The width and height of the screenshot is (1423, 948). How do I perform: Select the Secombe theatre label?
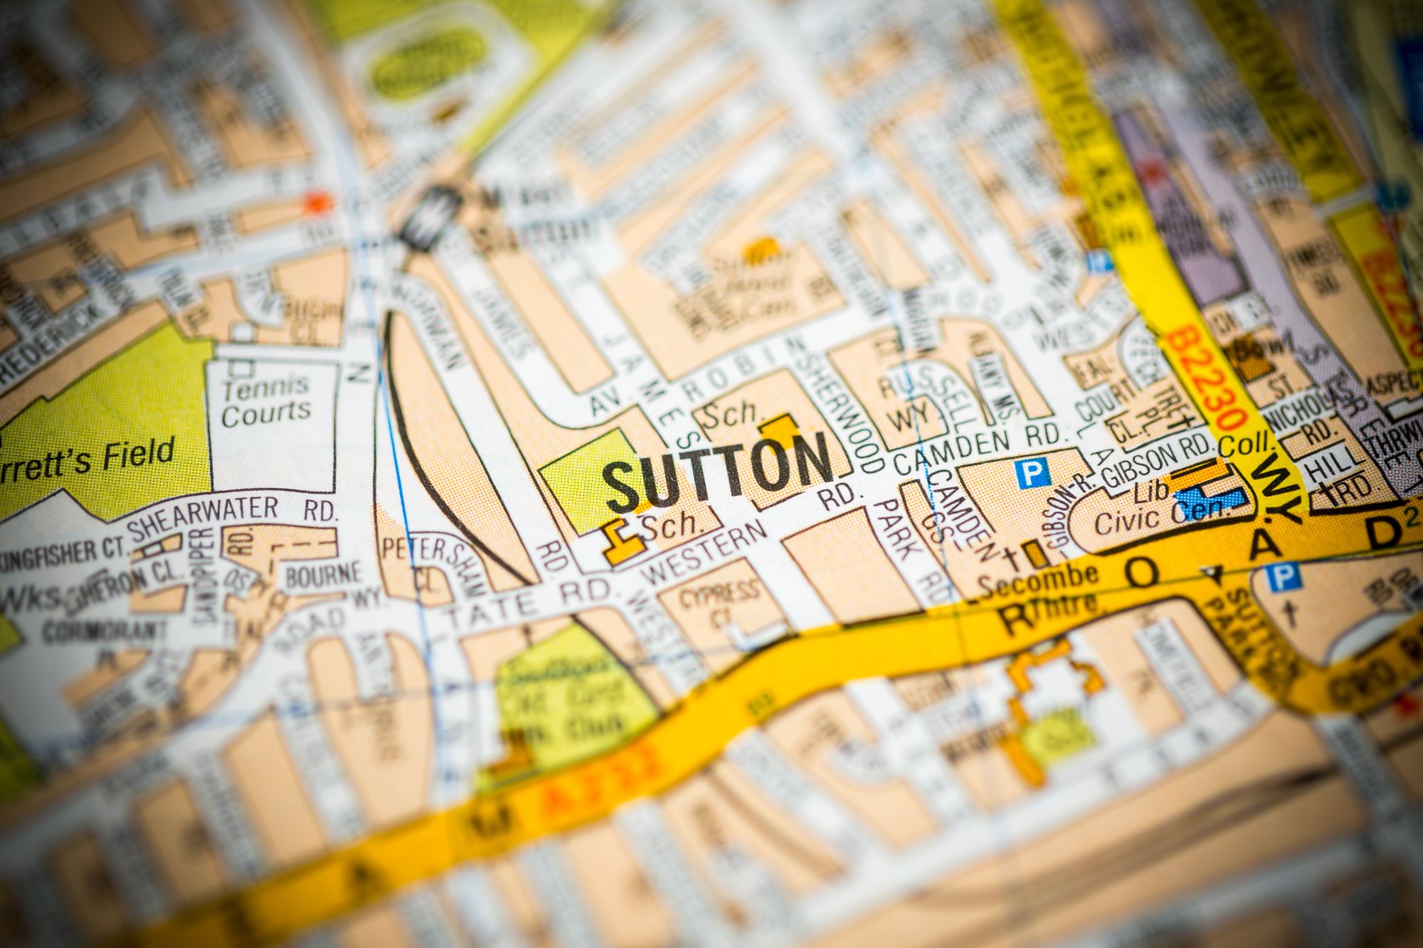1038,580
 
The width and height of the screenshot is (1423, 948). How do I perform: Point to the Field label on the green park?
139,456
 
